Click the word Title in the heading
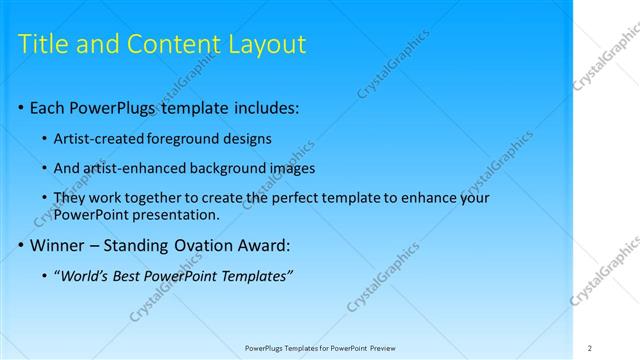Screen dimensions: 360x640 [x=43, y=45]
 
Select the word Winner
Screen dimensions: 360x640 [x=58, y=244]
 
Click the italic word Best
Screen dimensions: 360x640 [x=137, y=275]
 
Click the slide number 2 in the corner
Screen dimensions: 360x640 [x=590, y=348]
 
